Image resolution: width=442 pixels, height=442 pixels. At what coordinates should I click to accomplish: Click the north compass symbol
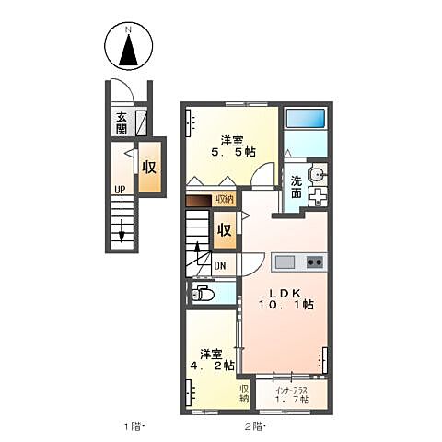click(129, 48)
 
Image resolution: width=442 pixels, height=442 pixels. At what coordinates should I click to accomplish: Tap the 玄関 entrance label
click(122, 122)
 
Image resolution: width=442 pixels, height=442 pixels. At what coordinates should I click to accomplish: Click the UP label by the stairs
click(120, 191)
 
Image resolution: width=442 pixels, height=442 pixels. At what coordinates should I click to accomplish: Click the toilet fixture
click(203, 295)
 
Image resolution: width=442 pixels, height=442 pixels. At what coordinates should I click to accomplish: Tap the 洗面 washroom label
click(297, 187)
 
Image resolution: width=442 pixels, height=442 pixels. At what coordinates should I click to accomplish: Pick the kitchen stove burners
click(313, 262)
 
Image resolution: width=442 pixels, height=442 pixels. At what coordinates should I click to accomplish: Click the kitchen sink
click(285, 262)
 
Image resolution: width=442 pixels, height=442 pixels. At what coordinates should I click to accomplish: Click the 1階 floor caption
click(134, 426)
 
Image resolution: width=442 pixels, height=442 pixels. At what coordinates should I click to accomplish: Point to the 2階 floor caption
click(253, 426)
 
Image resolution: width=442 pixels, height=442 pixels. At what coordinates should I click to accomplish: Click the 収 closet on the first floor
click(148, 168)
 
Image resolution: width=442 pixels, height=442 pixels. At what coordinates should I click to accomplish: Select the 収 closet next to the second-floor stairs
click(224, 230)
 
